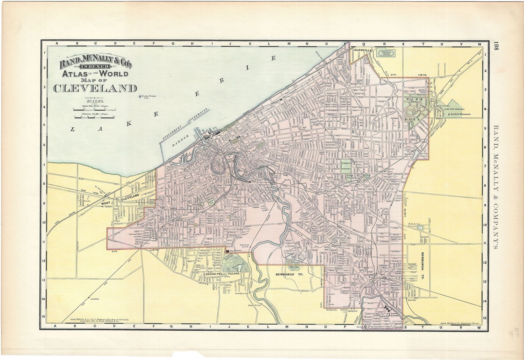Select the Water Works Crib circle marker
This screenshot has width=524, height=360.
click(x=140, y=96)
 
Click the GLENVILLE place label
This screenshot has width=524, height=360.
click(x=363, y=50)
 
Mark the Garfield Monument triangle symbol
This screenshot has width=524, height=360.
click(x=444, y=114)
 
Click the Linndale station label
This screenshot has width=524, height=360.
click(x=95, y=299)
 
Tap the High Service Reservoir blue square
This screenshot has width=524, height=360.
click(x=420, y=228)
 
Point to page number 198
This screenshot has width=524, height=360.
click(x=497, y=48)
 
